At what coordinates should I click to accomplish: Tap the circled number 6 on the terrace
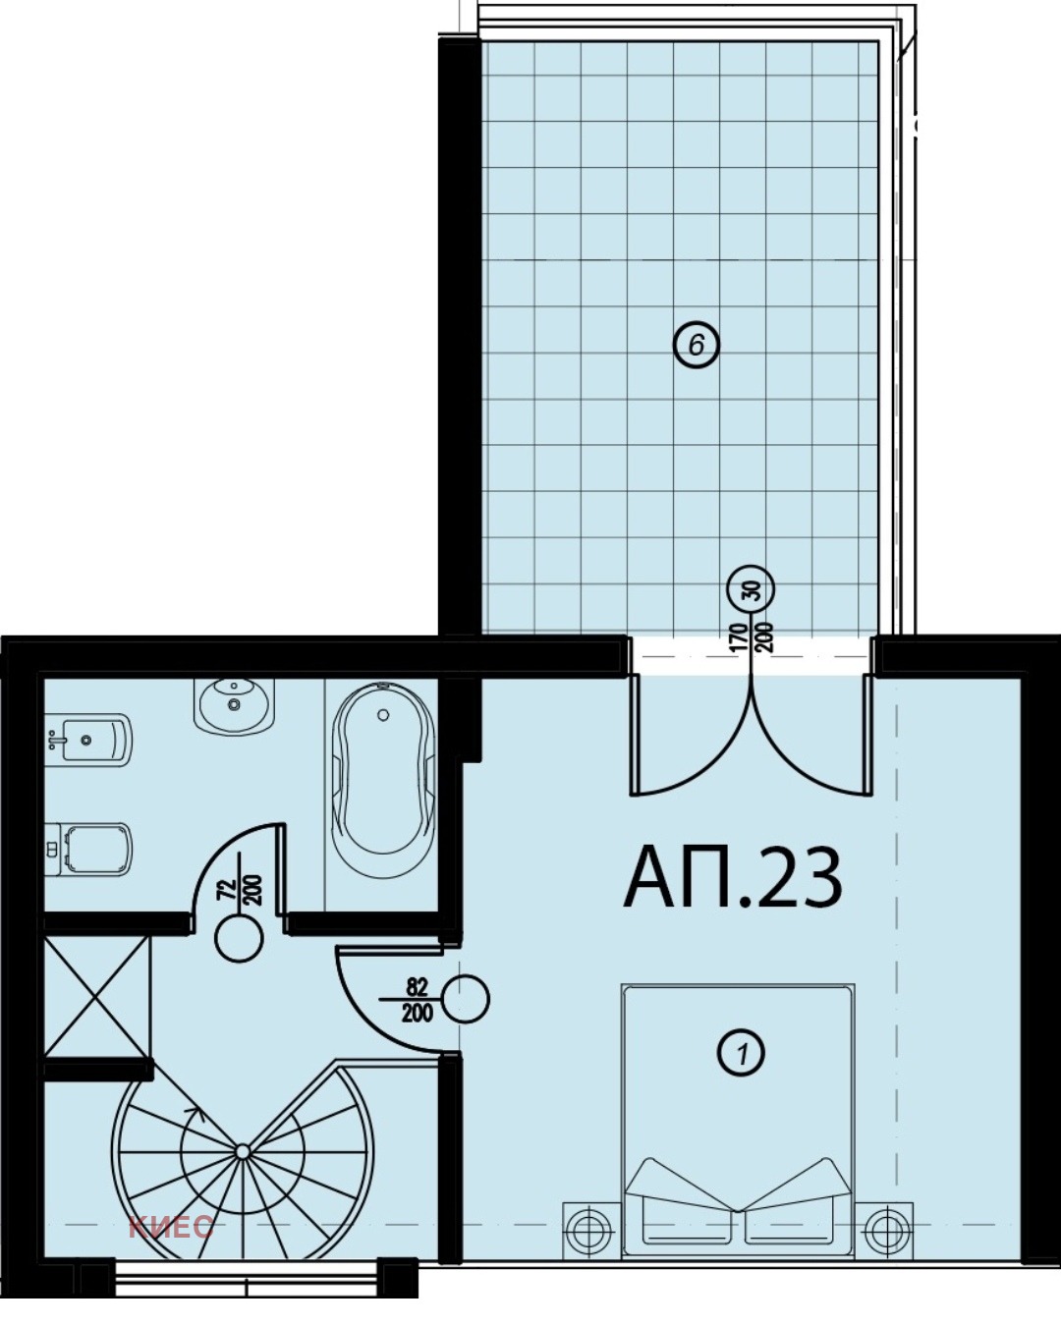(x=696, y=345)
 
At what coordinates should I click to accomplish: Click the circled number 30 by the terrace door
(x=751, y=589)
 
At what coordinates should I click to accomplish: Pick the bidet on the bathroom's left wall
(x=88, y=740)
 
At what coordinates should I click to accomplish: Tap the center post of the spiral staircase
(x=243, y=1151)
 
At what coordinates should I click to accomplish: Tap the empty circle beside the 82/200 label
(x=466, y=999)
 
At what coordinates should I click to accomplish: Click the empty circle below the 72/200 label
(x=240, y=938)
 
